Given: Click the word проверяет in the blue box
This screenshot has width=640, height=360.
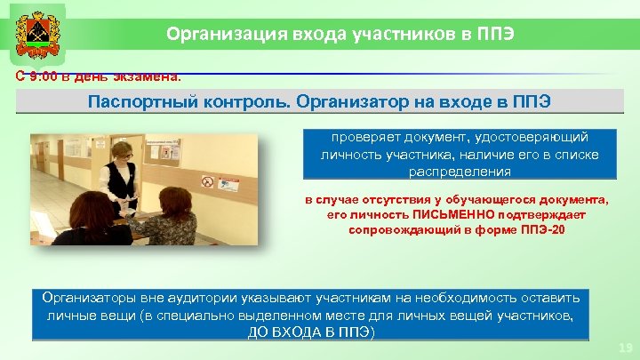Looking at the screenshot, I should (x=361, y=138).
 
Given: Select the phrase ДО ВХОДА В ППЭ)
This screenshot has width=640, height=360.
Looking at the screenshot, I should (x=310, y=332).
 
